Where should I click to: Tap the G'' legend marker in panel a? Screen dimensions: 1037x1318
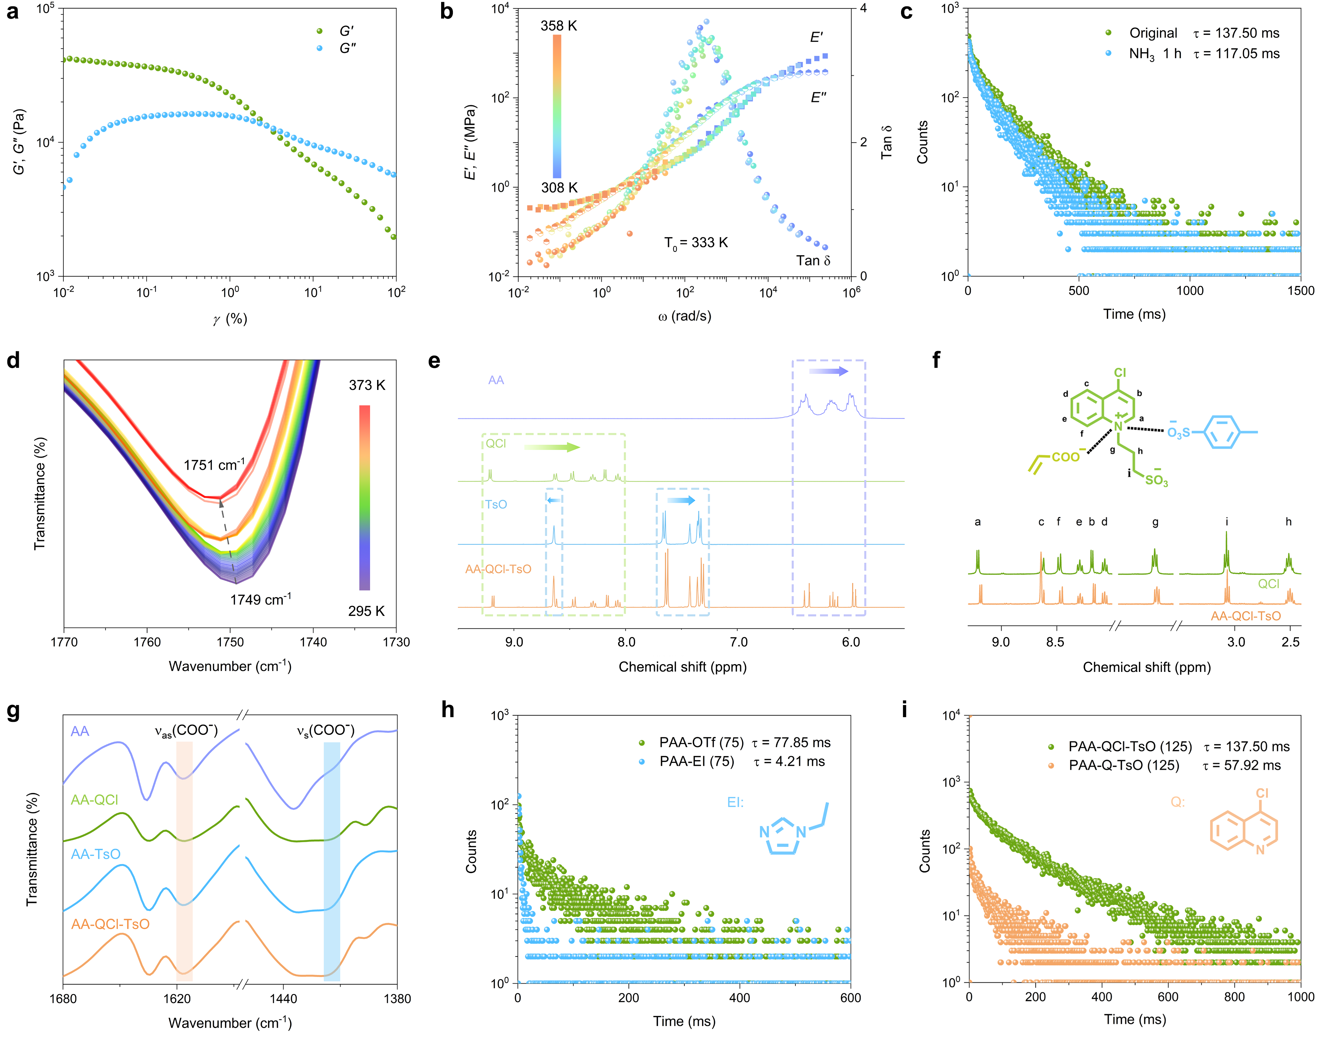point(319,48)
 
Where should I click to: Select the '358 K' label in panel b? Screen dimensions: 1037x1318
point(558,25)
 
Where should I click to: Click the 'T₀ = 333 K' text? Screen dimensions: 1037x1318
point(696,243)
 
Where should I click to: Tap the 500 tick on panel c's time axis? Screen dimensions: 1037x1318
point(1079,290)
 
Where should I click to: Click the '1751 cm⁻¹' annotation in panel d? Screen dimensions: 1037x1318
point(214,465)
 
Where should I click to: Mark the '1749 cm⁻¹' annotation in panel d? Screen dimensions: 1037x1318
point(260,600)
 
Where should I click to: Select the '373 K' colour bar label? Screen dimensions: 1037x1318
point(367,385)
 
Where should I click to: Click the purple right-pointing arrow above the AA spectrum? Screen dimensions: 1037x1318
point(829,371)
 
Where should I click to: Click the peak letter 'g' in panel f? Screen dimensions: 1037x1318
point(1155,522)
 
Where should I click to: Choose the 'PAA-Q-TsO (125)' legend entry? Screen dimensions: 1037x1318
point(1124,765)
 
